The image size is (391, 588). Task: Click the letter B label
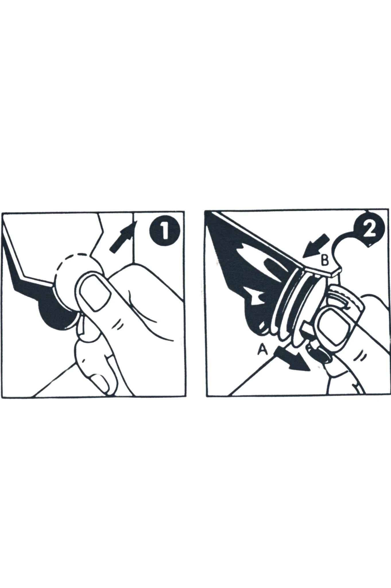tap(324, 261)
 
